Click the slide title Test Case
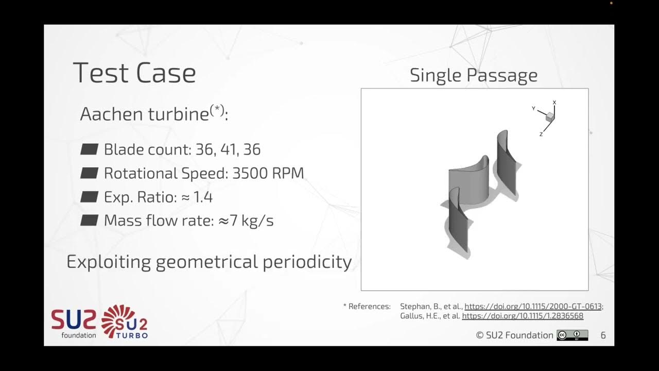pos(134,73)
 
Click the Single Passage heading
pos(473,76)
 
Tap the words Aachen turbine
pos(144,114)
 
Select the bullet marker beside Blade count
pos(90,149)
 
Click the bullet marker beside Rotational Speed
pos(90,173)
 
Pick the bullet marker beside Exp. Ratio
pos(90,197)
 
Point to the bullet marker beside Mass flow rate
pos(90,221)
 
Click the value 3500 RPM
pos(268,173)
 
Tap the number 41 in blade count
pos(229,149)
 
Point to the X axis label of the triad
pos(554,103)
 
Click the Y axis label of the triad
pos(533,108)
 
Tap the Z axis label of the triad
pos(541,134)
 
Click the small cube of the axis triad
pos(550,117)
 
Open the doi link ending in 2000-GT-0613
pos(533,307)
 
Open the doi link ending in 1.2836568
pos(523,316)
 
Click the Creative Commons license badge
pos(572,335)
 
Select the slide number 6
pos(603,335)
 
